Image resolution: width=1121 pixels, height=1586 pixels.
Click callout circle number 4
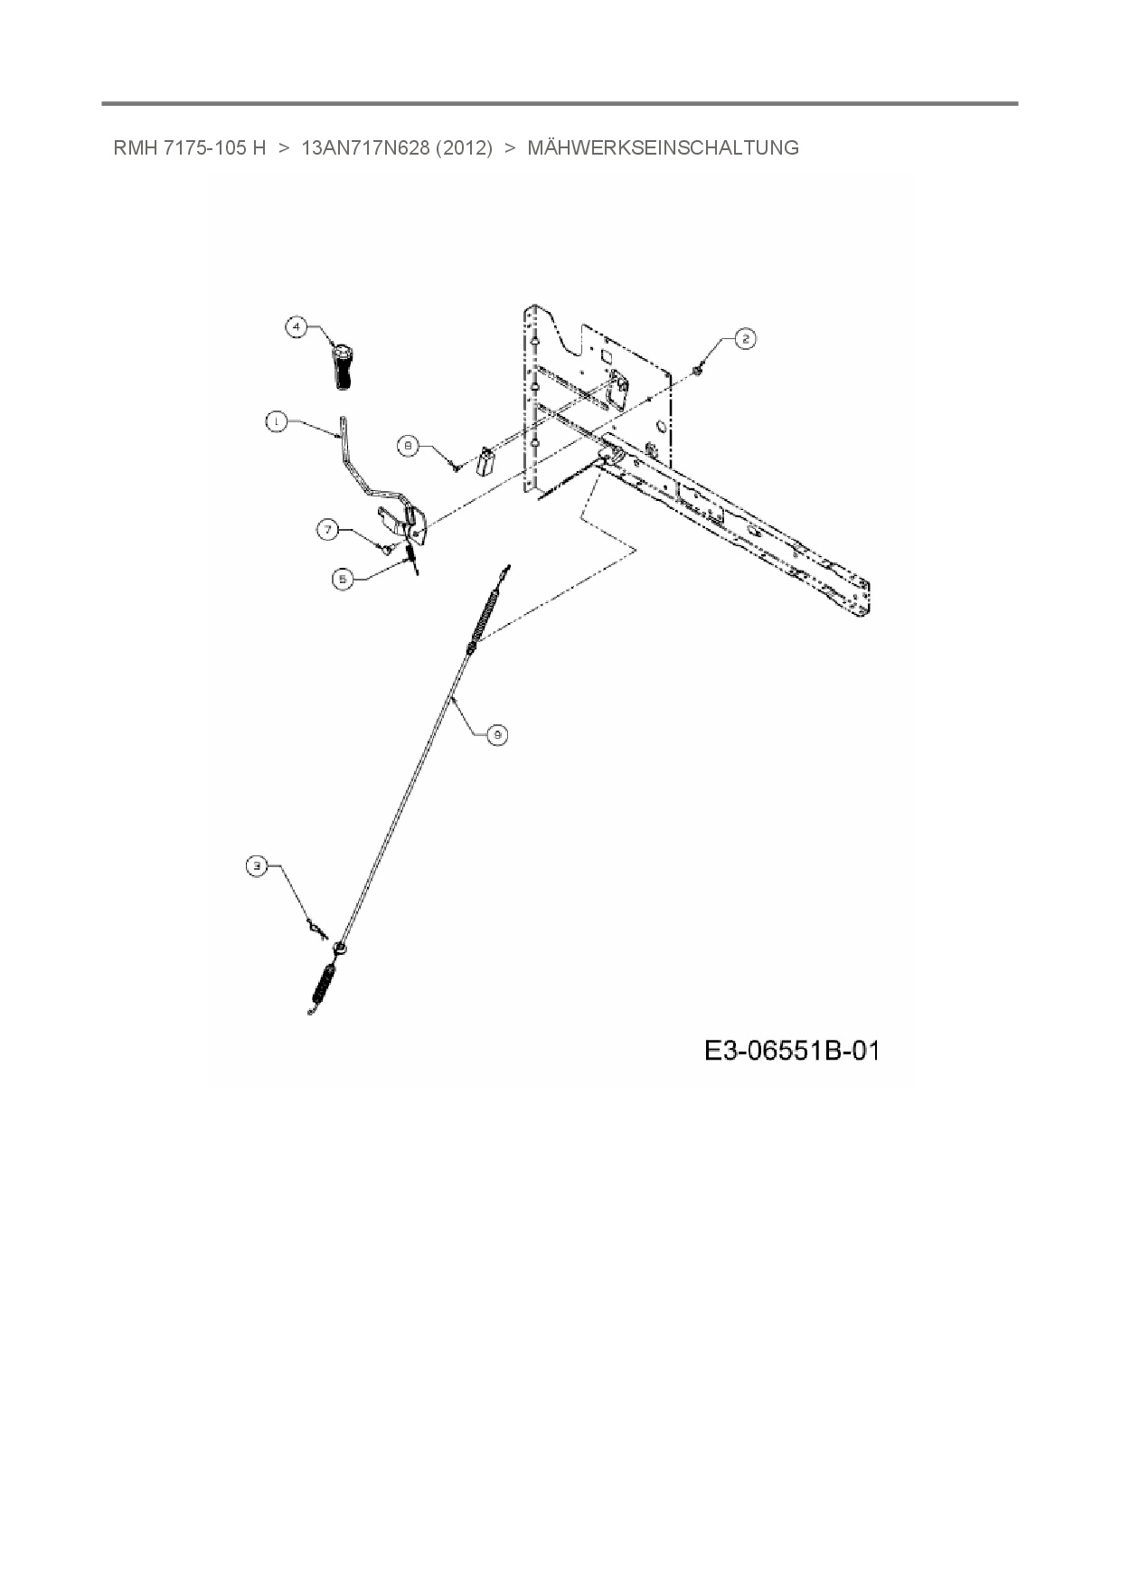(297, 326)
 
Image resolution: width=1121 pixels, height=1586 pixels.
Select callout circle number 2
(744, 339)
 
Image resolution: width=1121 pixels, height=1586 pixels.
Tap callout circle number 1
(277, 420)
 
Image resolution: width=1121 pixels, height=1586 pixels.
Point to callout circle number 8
(409, 445)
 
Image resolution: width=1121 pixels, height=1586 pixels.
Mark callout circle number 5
(342, 580)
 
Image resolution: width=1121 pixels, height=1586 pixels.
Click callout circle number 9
(496, 735)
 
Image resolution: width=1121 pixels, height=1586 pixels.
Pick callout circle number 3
(258, 866)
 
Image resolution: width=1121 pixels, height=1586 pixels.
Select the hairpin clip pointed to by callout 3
(314, 928)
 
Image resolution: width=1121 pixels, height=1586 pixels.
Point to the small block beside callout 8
(486, 461)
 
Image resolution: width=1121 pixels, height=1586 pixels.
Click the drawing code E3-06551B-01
(791, 1051)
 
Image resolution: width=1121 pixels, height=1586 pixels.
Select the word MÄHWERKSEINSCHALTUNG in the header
(663, 148)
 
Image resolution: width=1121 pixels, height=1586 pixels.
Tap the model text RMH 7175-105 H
(190, 148)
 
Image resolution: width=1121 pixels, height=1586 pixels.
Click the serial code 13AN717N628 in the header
(364, 148)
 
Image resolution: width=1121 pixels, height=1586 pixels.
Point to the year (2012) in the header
(464, 148)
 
